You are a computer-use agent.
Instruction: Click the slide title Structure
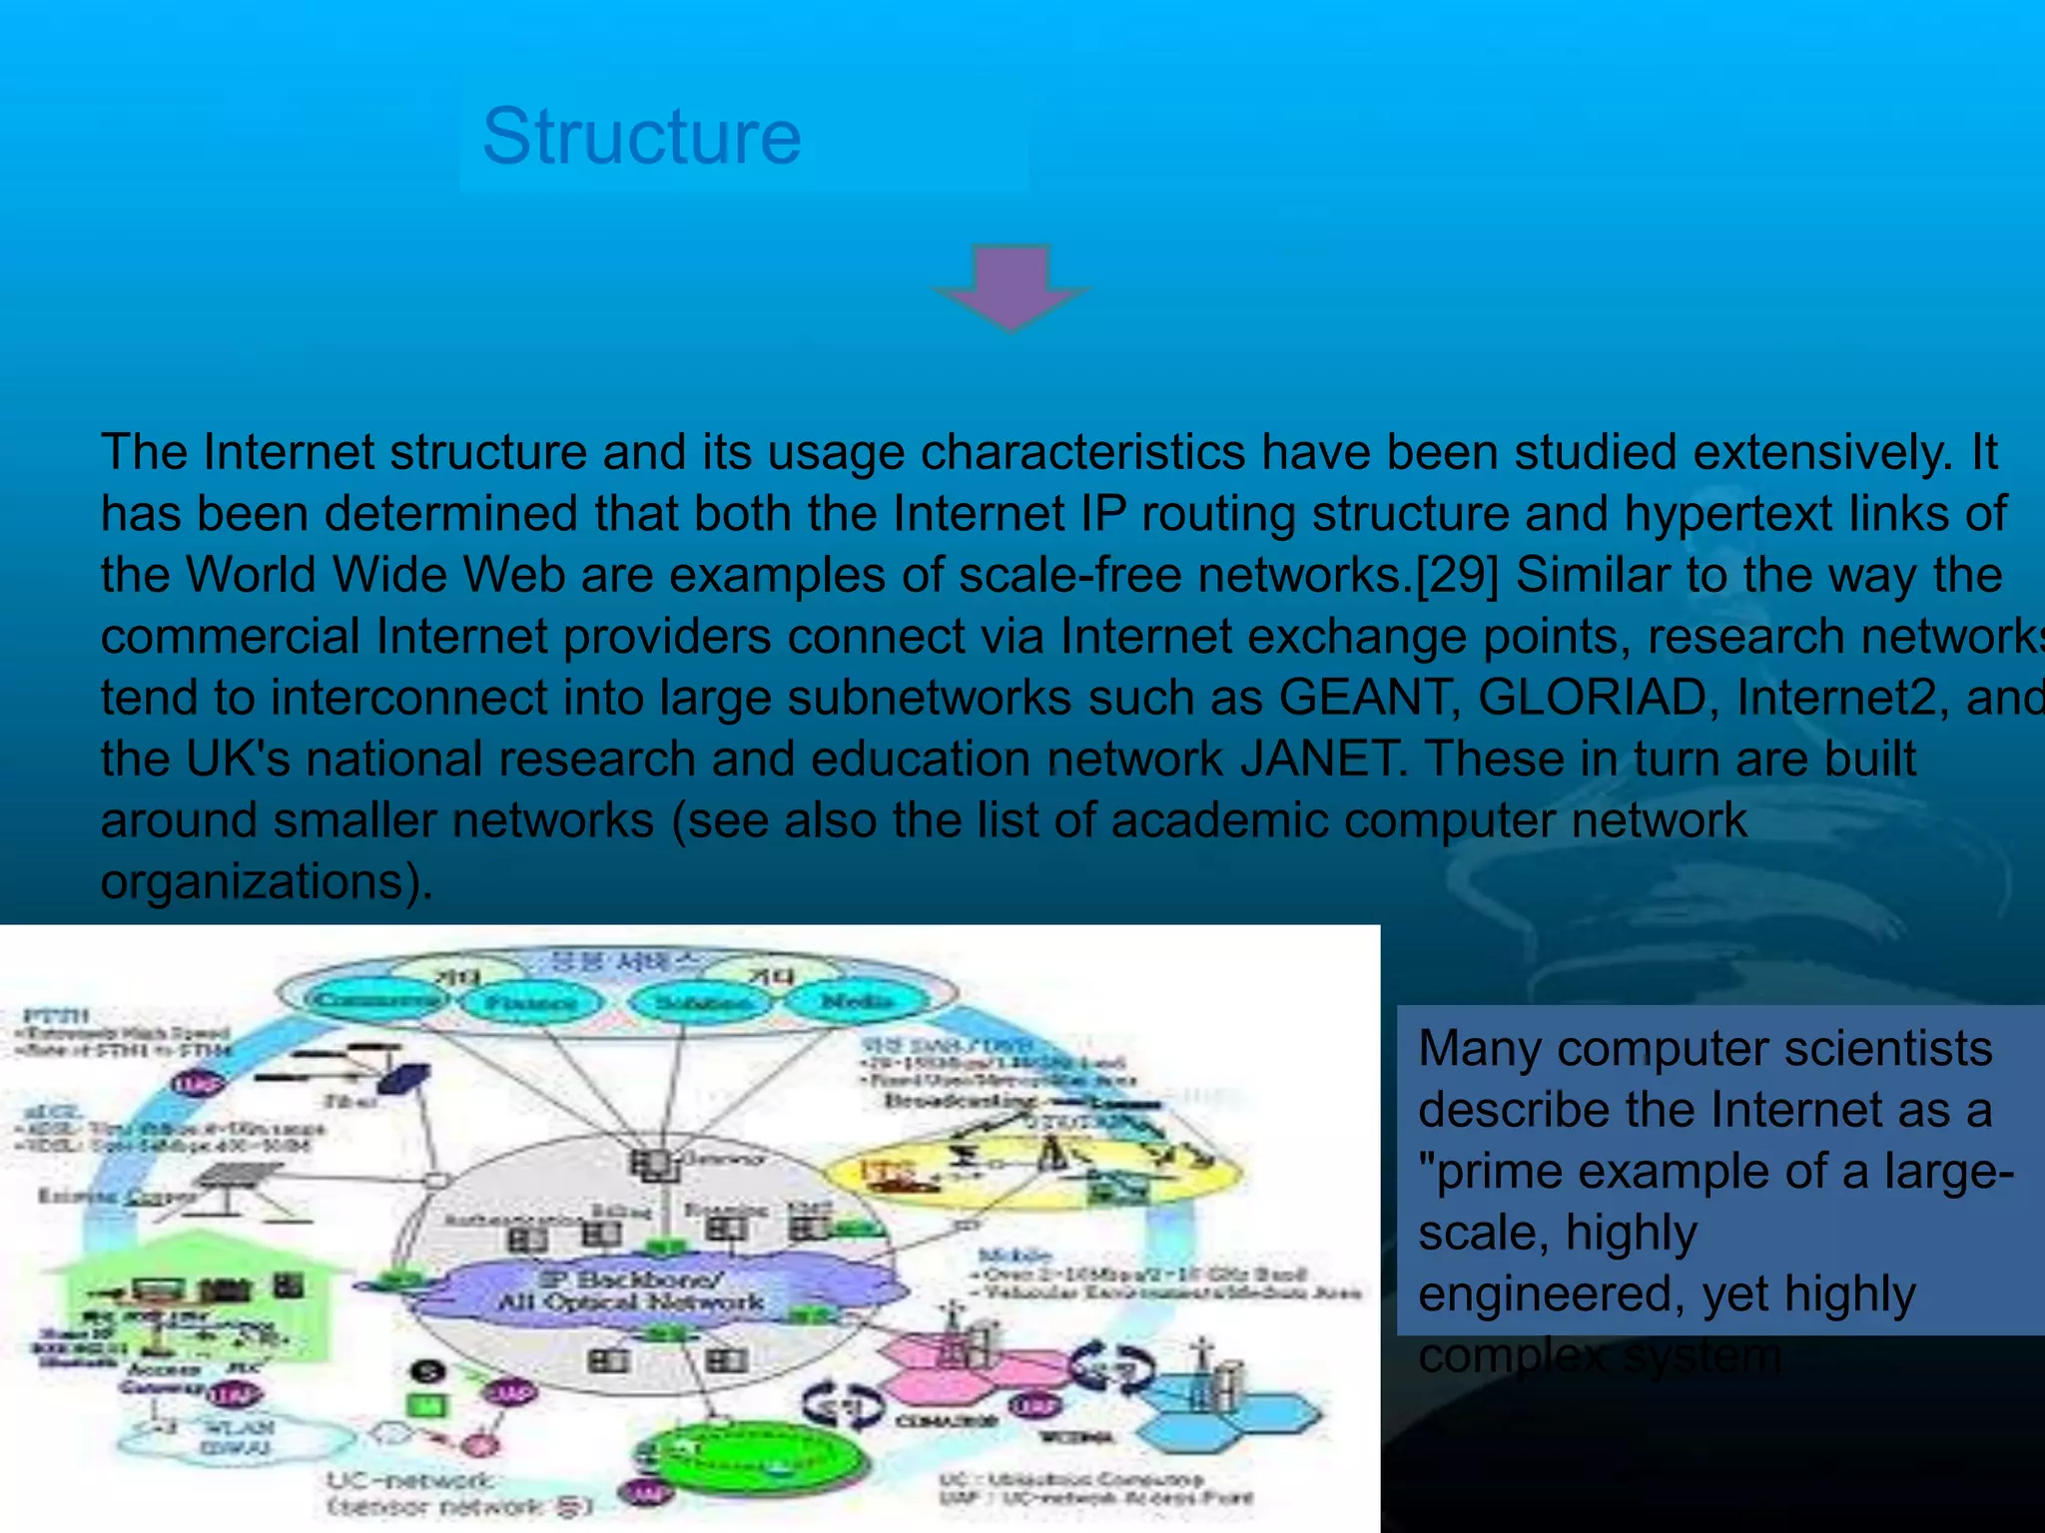click(x=641, y=137)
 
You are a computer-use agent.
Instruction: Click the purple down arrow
click(x=1011, y=286)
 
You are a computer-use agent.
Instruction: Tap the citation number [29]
click(x=1458, y=575)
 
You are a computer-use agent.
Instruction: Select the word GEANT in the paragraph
click(x=1364, y=698)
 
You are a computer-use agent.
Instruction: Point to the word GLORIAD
click(x=1593, y=698)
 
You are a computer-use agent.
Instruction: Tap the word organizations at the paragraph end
click(x=255, y=881)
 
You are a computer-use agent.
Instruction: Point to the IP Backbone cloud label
click(x=631, y=1290)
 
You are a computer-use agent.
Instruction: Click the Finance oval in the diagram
click(x=530, y=1001)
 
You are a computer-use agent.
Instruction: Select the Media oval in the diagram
click(x=857, y=1001)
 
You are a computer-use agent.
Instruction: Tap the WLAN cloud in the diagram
click(x=236, y=1438)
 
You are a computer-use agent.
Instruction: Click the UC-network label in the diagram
click(x=410, y=1480)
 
